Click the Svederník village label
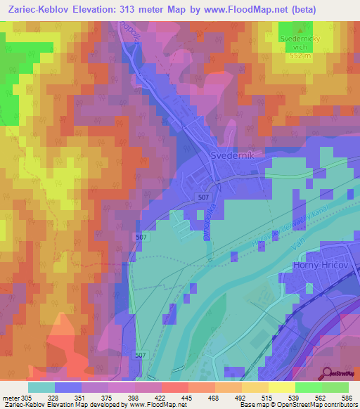[x=237, y=155]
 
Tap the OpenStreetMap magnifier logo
[x=326, y=372]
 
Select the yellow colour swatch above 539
[x=282, y=387]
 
